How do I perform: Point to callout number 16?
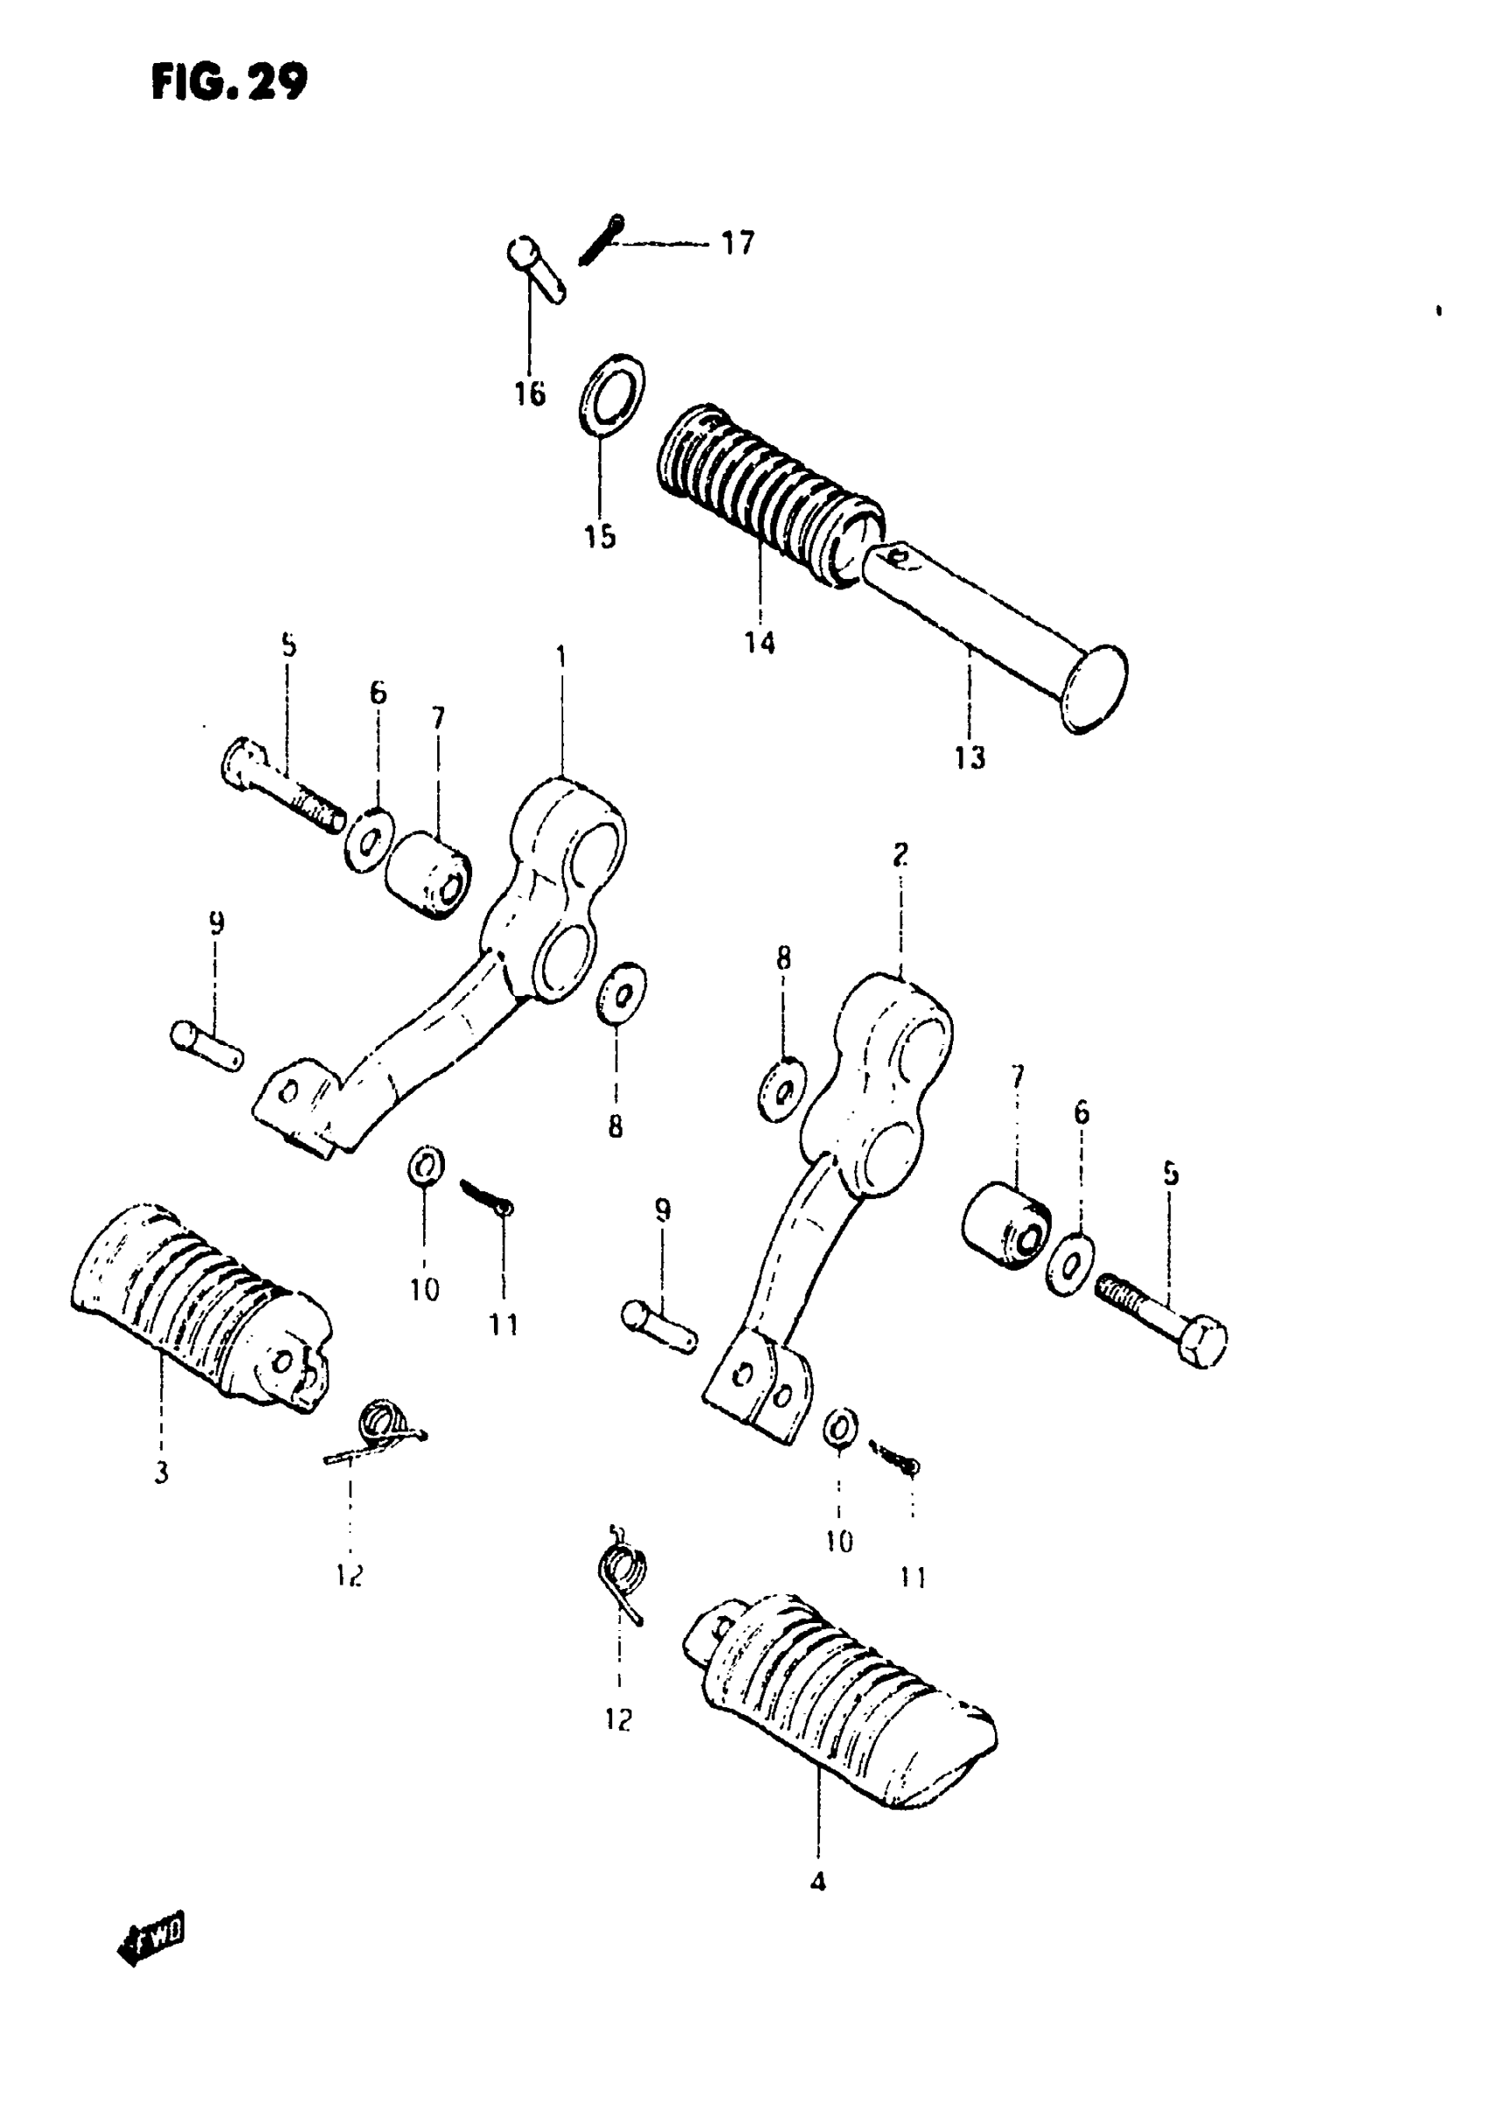point(529,394)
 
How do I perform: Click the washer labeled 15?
point(612,392)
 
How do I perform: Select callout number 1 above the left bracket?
point(561,657)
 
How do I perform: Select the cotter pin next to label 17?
point(601,239)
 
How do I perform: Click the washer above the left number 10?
point(426,1167)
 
